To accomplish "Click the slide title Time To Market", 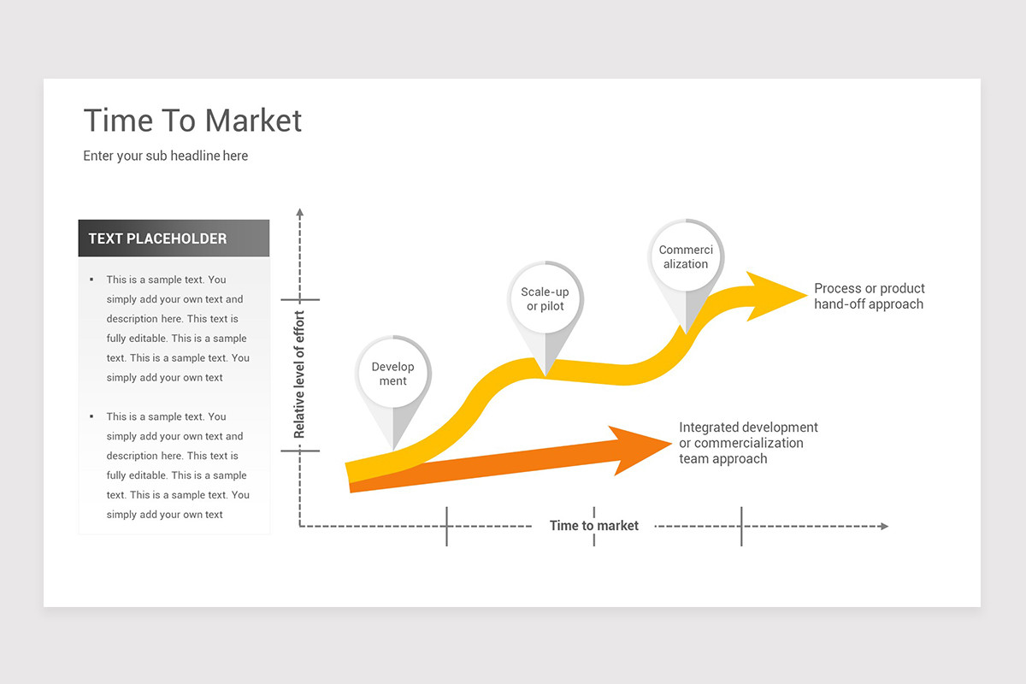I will coord(192,121).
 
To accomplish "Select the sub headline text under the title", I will coord(165,156).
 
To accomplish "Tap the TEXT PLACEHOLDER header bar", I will coord(174,239).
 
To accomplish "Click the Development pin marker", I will coord(393,374).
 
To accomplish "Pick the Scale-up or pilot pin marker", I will coord(545,299).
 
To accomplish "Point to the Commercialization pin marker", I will coord(686,257).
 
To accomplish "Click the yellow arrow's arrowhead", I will coord(773,296).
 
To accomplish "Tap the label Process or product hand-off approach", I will coord(869,296).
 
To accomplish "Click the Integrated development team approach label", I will coord(748,443).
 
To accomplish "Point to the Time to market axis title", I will coord(593,526).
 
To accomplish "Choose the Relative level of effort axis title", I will coord(299,375).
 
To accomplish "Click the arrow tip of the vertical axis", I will coord(299,211).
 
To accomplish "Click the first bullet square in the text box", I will coord(91,280).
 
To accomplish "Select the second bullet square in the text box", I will coord(91,416).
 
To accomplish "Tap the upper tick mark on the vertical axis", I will coord(299,300).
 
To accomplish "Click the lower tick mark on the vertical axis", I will coord(299,451).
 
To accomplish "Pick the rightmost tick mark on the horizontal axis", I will coord(741,526).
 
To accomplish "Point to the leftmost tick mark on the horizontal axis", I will coord(446,526).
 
